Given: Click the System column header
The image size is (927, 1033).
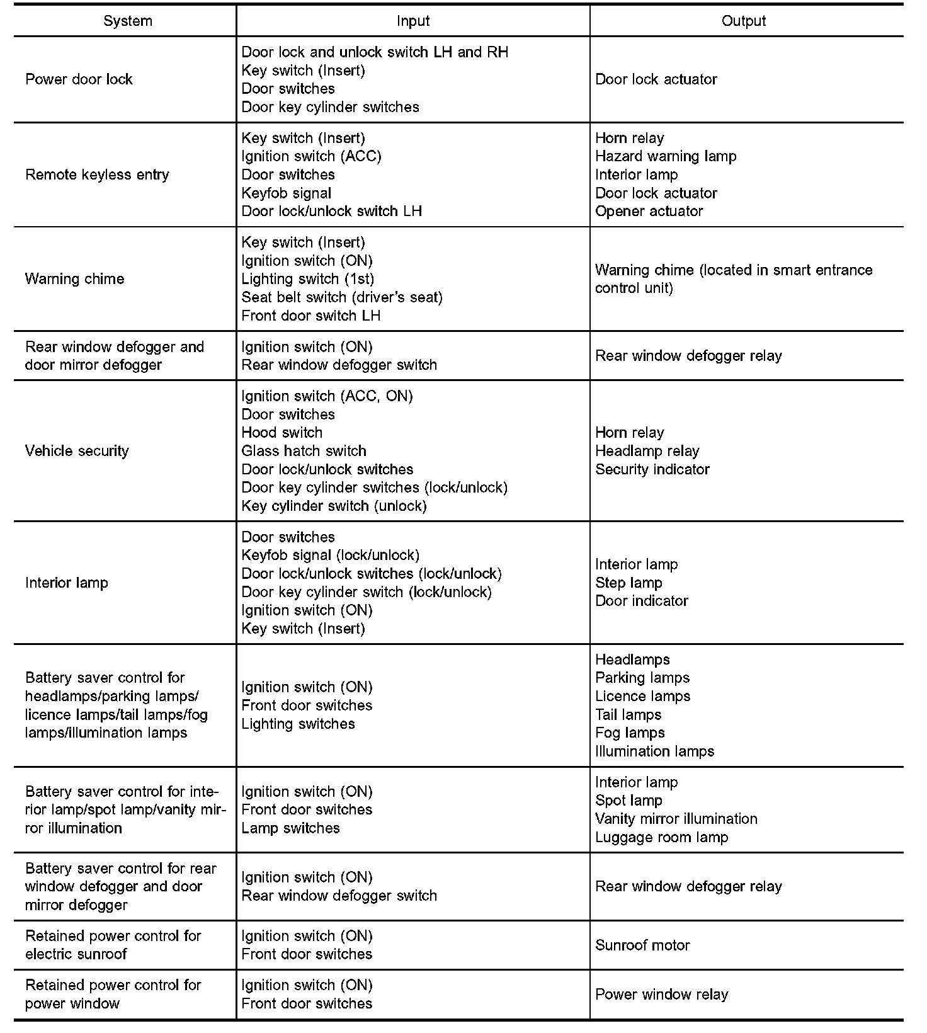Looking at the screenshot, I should click(128, 21).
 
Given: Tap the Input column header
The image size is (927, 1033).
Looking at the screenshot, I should click(413, 21).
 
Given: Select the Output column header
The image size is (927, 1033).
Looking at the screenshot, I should click(743, 21).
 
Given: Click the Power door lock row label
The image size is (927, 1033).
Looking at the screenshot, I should click(79, 79).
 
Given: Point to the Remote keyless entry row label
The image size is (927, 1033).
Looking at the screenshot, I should click(97, 174).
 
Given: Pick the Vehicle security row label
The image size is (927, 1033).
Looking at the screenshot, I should click(77, 451).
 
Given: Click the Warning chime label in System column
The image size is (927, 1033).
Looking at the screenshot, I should click(74, 279).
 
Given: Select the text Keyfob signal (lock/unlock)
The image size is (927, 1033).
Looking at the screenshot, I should click(330, 555).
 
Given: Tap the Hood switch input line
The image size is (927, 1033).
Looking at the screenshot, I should click(282, 433).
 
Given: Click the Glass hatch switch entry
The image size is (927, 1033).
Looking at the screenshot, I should click(304, 451).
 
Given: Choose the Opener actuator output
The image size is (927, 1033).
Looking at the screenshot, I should click(649, 211).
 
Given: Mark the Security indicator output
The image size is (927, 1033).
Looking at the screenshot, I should click(652, 469).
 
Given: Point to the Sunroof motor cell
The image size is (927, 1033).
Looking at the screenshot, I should click(642, 945).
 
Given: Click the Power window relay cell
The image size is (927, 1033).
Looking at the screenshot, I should click(661, 994).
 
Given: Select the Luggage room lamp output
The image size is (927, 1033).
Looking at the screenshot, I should click(661, 837).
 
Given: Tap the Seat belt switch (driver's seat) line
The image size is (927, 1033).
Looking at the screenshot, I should click(342, 297).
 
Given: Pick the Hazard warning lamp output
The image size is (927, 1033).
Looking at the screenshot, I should click(666, 156).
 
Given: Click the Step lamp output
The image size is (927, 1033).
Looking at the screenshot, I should click(628, 583).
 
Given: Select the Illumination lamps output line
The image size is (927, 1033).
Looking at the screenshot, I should click(654, 751).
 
